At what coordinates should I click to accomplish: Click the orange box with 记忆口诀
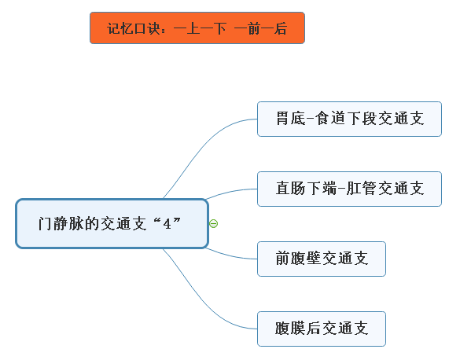pos(197,28)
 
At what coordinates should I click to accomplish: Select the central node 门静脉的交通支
pos(112,224)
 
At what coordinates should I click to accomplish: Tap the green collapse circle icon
pos(214,224)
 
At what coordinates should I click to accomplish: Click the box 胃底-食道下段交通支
pos(349,119)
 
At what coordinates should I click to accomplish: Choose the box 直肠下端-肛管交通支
pos(349,189)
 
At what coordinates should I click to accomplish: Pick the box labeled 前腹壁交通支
pos(322,259)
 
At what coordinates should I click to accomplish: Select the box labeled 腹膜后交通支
pos(322,329)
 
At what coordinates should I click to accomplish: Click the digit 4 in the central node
pos(167,224)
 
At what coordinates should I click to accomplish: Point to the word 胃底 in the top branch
pos(291,119)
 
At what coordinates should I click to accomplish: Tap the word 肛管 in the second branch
pos(361,188)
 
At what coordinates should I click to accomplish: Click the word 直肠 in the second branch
pos(291,188)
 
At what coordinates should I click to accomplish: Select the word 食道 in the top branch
pos(330,119)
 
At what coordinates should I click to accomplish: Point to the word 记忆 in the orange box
pos(120,28)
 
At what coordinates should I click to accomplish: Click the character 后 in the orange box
pos(281,28)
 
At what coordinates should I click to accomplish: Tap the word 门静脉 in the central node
pos(61,224)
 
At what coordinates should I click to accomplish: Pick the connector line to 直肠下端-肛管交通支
pos(231,192)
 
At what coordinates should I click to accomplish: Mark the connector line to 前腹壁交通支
pos(231,255)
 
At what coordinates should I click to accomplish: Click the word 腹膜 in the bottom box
pos(290,329)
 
